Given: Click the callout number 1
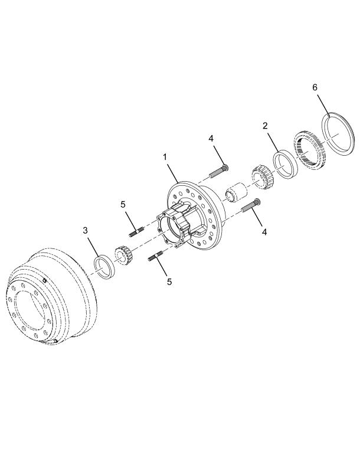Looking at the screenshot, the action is pos(165,157).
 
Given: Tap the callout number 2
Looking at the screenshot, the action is pos(265,126).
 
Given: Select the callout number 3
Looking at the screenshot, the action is pos(86,231).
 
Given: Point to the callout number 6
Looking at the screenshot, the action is pos(315,87).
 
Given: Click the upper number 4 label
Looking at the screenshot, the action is pos(211,139).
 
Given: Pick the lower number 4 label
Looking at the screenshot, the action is pos(264,232).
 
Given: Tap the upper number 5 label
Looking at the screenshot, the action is pos(123,204).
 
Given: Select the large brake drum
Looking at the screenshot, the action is pos(51,297).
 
